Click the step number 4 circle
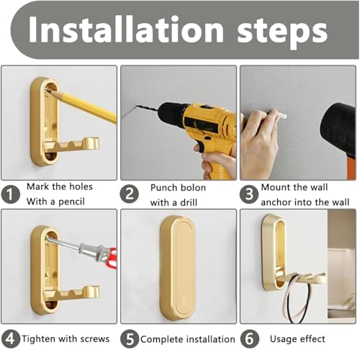point(10,338)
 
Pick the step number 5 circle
point(130,338)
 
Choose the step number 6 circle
point(249,338)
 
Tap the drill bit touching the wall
point(144,111)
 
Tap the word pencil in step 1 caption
point(77,202)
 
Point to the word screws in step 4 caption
point(91,338)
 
